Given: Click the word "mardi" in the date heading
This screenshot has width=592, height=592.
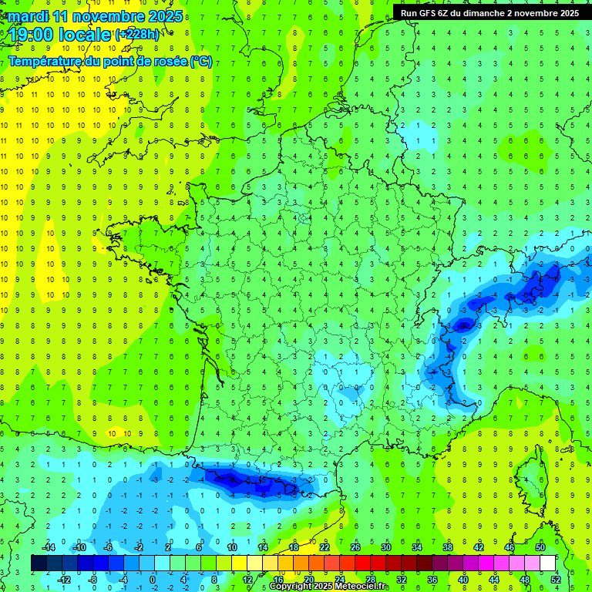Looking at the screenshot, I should (27, 16).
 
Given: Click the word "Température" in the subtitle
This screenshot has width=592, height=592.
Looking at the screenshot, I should (45, 62).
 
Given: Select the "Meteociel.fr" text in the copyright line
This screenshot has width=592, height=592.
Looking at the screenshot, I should (362, 587).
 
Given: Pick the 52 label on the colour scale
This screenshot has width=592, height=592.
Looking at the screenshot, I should (556, 579).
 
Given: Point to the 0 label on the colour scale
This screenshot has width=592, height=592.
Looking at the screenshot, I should (152, 579).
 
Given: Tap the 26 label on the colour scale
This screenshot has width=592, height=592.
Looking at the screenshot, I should (355, 547).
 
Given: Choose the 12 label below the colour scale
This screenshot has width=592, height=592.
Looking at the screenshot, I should (247, 579).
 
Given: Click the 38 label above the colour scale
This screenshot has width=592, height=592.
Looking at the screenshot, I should (448, 547).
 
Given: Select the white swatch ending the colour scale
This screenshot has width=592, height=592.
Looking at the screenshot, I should (547, 563).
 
